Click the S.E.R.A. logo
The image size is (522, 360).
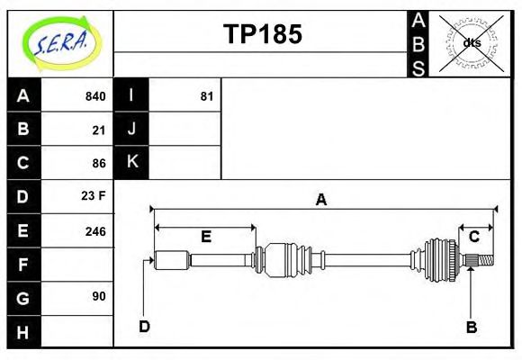tap(59, 40)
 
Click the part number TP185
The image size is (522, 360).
tap(262, 34)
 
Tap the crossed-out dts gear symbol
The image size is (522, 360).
tap(472, 42)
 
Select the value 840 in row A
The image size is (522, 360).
tap(94, 96)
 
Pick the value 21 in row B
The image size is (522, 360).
tap(99, 130)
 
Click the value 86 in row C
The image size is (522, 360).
tap(99, 163)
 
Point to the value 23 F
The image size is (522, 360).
tap(94, 196)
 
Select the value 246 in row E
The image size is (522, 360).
tap(94, 230)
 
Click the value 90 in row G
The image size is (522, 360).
tap(99, 296)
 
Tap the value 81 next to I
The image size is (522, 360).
tap(206, 96)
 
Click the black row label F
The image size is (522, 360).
tap(23, 264)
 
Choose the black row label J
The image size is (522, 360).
tap(131, 130)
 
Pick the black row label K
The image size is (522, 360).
tap(131, 163)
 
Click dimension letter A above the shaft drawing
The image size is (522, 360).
tap(320, 201)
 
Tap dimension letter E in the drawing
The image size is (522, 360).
tap(205, 237)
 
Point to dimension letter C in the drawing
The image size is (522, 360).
tap(473, 237)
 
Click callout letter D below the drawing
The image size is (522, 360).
tap(144, 326)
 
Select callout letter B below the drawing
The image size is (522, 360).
tap(471, 326)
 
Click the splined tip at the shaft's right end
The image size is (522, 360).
tap(483, 261)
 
